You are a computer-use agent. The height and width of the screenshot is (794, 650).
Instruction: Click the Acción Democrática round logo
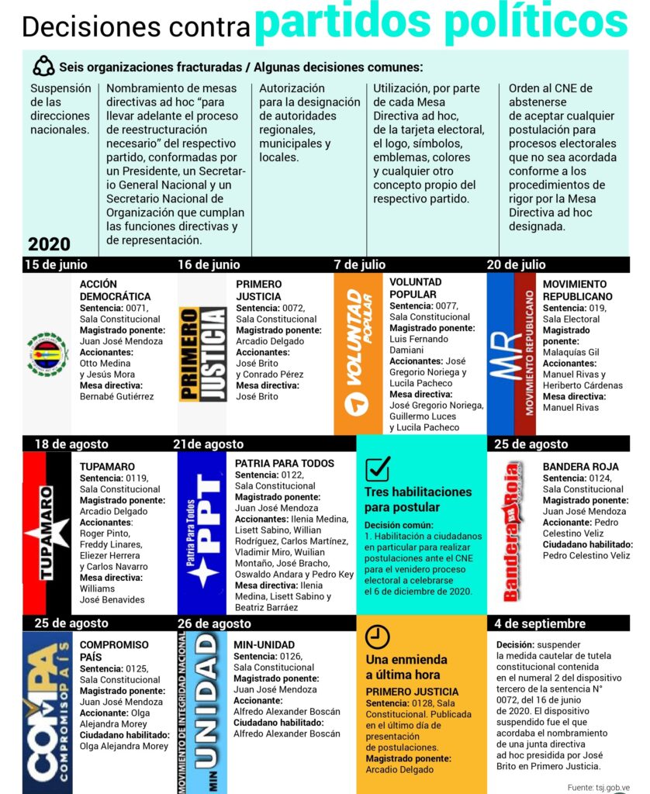(47, 354)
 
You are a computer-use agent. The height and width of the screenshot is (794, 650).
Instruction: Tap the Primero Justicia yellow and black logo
(202, 354)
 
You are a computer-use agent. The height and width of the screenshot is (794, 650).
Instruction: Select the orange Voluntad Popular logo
(358, 354)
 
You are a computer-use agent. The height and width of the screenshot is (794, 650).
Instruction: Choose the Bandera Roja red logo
(511, 531)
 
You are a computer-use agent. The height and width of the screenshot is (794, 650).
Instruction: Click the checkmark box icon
(377, 469)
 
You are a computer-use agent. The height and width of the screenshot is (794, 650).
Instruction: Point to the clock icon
(377, 637)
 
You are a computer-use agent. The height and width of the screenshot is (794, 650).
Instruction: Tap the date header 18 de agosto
(71, 444)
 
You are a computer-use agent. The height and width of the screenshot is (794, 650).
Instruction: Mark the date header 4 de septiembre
(541, 623)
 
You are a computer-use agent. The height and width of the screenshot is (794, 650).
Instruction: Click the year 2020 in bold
(49, 243)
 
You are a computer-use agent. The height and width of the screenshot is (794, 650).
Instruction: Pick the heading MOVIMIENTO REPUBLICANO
(577, 290)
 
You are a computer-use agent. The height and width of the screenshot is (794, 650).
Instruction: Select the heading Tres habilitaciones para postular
(418, 499)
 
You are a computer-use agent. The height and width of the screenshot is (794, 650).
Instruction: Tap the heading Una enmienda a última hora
(406, 667)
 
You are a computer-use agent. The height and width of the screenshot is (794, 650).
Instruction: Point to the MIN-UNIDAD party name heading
(264, 644)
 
